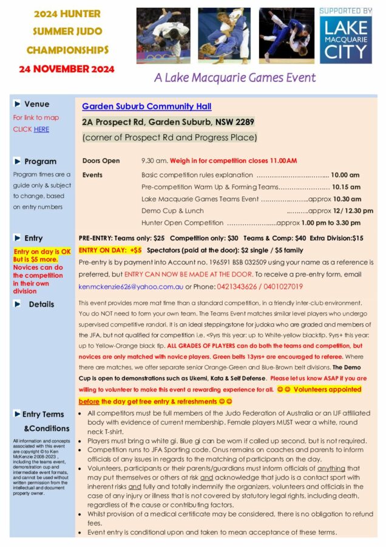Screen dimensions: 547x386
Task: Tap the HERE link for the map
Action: (x=41, y=129)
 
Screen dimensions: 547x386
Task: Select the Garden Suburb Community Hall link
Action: (x=147, y=106)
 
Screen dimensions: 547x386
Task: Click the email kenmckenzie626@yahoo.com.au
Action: (x=131, y=287)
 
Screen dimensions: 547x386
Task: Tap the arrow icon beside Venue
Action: (x=18, y=104)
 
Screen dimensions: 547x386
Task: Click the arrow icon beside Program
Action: (x=18, y=161)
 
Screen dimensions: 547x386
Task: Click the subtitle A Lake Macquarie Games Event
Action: (x=234, y=78)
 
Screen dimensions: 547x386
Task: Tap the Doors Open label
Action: (x=101, y=160)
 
